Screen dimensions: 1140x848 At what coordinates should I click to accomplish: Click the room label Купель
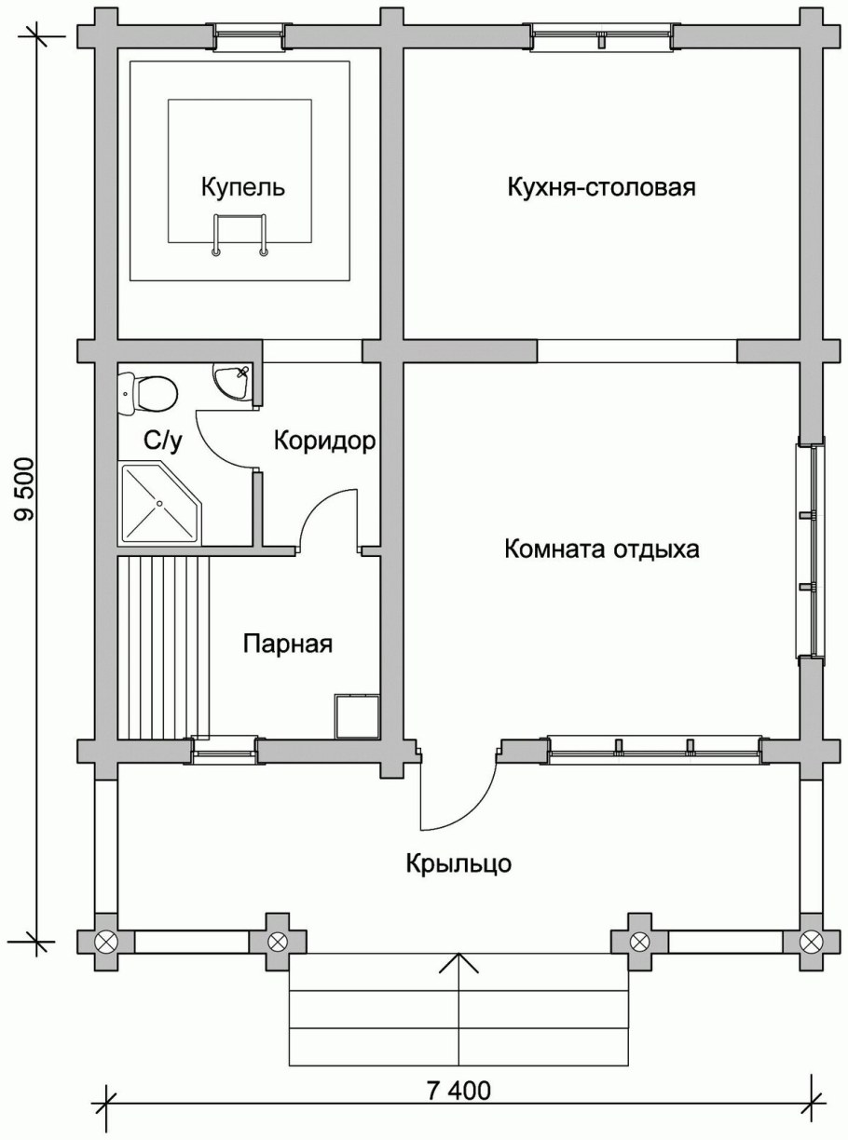243,188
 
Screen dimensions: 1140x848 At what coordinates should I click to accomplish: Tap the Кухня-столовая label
602,187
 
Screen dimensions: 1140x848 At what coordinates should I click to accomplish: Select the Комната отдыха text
601,549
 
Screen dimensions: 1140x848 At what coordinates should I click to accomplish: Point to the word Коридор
325,441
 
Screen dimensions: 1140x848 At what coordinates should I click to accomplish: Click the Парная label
288,644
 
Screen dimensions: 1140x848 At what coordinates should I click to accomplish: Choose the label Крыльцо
458,863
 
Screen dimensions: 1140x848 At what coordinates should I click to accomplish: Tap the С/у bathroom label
162,441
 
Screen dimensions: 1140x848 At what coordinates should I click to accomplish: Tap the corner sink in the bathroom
230,383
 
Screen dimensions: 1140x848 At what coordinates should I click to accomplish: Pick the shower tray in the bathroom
158,504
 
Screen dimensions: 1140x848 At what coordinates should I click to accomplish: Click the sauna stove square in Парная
357,715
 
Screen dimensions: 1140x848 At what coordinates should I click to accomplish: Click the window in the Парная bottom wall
224,750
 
